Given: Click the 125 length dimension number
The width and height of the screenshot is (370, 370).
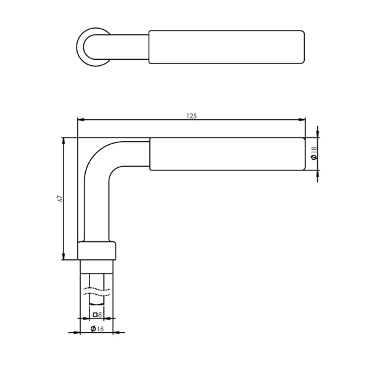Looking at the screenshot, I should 191,116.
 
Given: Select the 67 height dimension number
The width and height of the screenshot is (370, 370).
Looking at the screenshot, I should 60,198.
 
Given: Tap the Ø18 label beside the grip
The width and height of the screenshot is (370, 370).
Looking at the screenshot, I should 314,154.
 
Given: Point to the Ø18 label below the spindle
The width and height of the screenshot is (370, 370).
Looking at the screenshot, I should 96,328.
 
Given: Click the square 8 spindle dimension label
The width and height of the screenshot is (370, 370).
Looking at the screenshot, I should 98,315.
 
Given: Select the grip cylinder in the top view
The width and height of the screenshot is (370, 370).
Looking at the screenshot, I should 226,47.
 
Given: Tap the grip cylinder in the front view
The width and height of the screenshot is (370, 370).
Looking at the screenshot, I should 226,154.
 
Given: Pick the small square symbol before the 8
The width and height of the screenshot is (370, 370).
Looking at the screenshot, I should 95,315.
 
